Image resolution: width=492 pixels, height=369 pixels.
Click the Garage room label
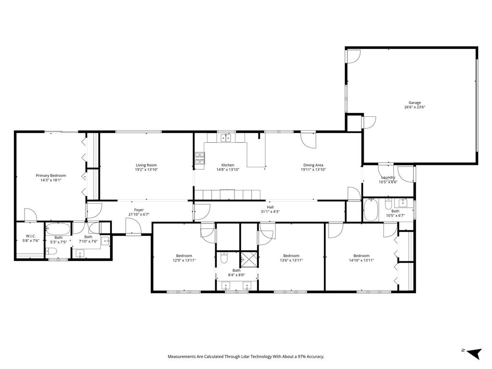415,103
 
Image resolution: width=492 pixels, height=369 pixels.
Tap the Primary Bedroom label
51,176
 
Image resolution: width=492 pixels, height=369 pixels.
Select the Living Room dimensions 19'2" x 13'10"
146,170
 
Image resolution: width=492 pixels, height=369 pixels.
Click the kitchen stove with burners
199,158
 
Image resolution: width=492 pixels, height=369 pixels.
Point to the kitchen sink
225,138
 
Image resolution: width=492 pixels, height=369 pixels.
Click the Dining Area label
313,165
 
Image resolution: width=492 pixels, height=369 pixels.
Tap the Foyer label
139,210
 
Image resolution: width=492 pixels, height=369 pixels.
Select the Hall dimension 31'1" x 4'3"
270,211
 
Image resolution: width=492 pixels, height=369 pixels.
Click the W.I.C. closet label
31,236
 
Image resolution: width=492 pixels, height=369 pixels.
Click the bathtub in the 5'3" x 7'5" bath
58,229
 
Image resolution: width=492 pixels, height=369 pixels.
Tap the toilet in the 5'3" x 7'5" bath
51,251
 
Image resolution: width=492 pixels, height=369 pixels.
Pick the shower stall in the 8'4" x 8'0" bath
249,259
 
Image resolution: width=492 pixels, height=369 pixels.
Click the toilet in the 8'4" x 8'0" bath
224,258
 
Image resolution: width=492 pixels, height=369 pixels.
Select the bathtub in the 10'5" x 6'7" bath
370,209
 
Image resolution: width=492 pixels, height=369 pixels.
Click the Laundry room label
388,177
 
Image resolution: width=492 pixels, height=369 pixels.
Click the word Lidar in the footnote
246,357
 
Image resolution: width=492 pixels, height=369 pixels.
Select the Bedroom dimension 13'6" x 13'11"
291,260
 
